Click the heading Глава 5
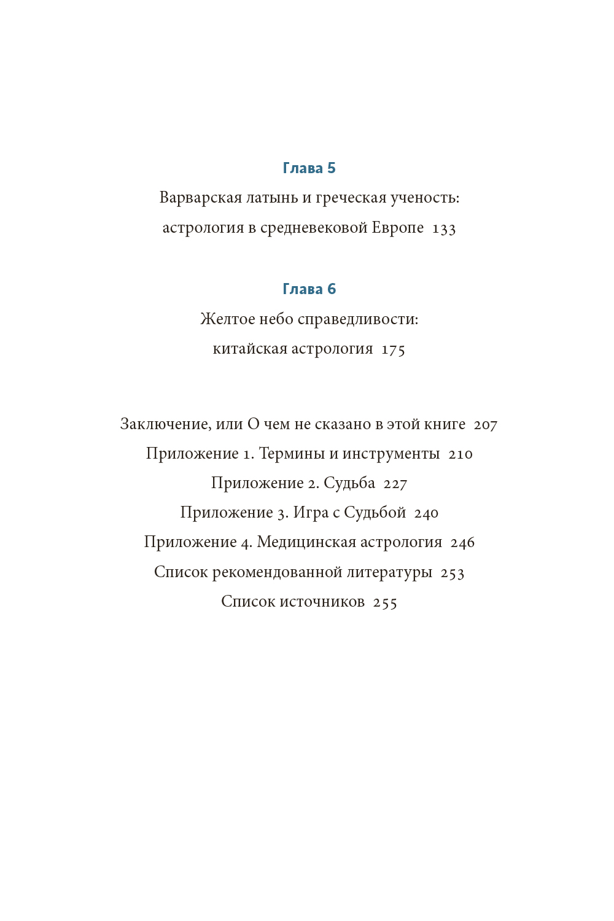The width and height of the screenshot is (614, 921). [x=309, y=168]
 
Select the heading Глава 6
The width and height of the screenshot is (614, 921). [x=309, y=289]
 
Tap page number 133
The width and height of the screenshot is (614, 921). [x=444, y=228]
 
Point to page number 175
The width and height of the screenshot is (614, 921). [x=393, y=349]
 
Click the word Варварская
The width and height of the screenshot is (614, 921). [x=200, y=198]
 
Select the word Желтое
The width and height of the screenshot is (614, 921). [x=227, y=319]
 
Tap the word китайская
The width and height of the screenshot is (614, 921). [x=249, y=349]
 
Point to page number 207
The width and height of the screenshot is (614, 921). [x=486, y=425]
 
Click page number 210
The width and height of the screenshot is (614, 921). [x=460, y=454]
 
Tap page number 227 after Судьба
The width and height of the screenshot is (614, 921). [x=395, y=484]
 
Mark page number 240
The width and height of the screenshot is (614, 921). [x=426, y=513]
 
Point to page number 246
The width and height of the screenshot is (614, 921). [x=462, y=543]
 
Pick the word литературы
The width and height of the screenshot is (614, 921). [x=389, y=572]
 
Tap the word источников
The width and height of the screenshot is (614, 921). [x=322, y=602]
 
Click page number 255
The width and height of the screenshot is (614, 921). [x=385, y=602]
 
